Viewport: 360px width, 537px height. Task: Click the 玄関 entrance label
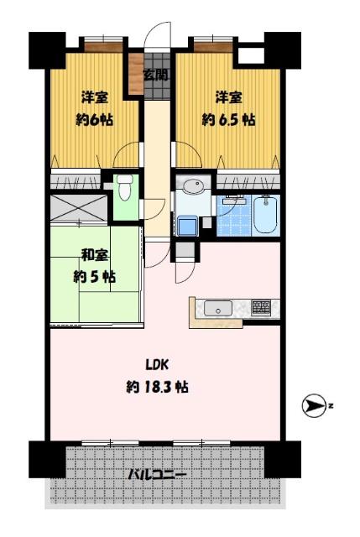tap(154, 75)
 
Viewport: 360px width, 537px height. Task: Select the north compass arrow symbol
tap(313, 406)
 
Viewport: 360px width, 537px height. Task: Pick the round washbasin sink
tap(193, 186)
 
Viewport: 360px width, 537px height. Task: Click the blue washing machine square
tap(186, 226)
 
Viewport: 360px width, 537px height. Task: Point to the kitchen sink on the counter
tap(218, 308)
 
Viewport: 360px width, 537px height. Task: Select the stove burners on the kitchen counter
tap(261, 307)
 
